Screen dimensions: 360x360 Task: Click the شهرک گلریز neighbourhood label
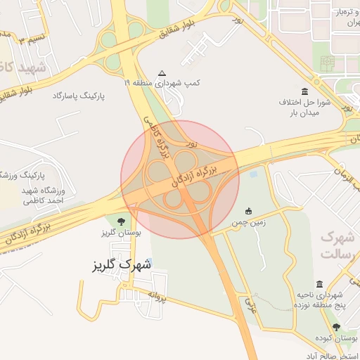(122, 265)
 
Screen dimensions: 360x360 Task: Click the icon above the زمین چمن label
(248, 210)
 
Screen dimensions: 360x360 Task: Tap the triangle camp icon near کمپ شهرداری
(162, 73)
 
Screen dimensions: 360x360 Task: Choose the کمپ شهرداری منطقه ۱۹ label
(162, 83)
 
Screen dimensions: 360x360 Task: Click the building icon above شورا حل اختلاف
(304, 91)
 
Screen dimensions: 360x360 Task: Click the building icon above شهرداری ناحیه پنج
(320, 284)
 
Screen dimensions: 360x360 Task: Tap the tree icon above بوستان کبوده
(336, 327)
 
